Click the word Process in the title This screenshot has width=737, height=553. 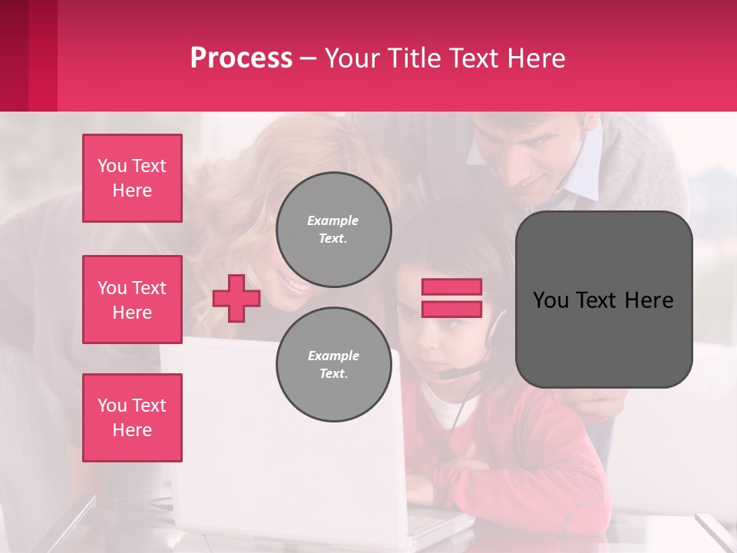[x=241, y=58]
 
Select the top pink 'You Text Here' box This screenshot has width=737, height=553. [x=132, y=178]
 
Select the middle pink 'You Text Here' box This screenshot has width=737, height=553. [x=132, y=300]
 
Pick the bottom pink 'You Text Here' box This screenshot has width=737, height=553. [x=132, y=417]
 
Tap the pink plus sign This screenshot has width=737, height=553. [x=236, y=298]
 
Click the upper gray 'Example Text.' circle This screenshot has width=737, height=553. [x=333, y=230]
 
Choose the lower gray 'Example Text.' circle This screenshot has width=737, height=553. [x=333, y=365]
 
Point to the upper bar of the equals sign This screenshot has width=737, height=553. [x=451, y=286]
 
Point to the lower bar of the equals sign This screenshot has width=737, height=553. [x=451, y=309]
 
